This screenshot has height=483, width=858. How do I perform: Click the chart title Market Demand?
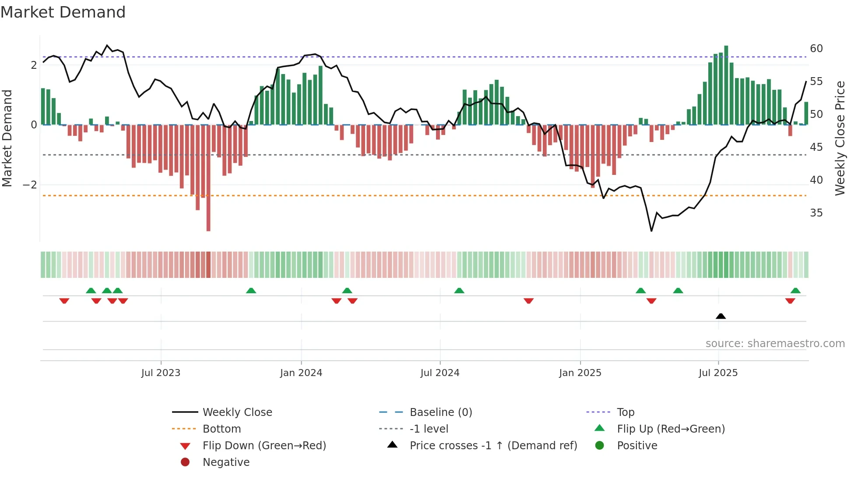tap(63, 12)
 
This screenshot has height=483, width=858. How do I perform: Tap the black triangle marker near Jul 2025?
tap(721, 316)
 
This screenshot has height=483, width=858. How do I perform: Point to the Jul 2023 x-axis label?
tap(161, 373)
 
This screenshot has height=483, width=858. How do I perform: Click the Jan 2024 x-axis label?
tap(301, 373)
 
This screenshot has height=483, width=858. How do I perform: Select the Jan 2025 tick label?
tap(580, 373)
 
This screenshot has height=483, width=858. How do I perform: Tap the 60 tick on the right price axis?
tap(816, 48)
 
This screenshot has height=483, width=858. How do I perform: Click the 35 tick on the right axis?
tap(816, 213)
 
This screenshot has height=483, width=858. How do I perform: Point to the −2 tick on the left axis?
tap(30, 185)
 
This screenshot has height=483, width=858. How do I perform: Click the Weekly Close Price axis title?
tap(840, 138)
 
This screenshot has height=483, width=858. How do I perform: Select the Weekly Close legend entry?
tap(237, 412)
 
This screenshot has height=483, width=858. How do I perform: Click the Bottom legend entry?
tap(222, 429)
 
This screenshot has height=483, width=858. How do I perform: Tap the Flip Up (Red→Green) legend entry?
tap(671, 429)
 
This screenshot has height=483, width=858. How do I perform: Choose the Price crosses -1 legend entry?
tap(493, 445)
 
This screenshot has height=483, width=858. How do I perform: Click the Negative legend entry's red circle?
tap(185, 462)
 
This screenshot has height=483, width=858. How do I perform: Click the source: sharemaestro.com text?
tap(775, 343)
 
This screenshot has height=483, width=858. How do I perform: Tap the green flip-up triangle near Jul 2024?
tap(459, 291)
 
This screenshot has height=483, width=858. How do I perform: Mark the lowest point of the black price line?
tap(651, 231)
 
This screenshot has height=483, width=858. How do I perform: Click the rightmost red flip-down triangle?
tap(790, 301)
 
